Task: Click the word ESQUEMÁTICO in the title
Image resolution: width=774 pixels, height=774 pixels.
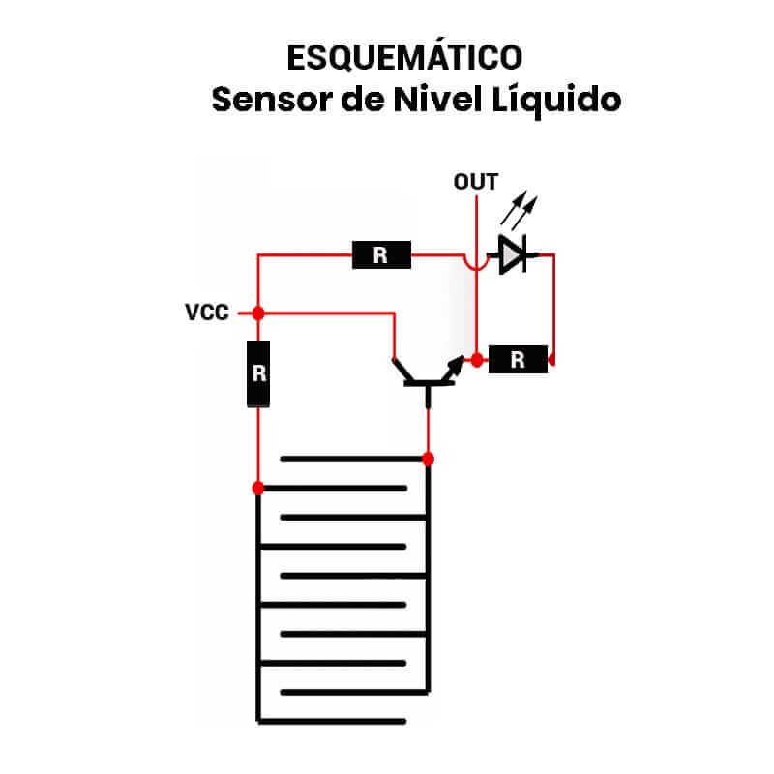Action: pos(404,57)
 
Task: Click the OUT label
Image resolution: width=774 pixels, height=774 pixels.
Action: pos(476,182)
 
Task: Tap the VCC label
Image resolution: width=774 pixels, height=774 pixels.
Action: pos(207,313)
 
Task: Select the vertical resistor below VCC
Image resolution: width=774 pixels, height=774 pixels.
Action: pos(258,373)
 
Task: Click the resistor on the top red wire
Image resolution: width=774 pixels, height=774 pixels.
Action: pos(380,255)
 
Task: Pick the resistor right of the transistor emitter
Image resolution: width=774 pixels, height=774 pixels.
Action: pos(518,360)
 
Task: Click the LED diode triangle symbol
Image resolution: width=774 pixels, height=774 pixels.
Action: pos(513,255)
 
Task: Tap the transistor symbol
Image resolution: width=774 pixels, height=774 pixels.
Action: pos(427,373)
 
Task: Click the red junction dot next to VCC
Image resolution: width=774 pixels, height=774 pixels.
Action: pos(258,313)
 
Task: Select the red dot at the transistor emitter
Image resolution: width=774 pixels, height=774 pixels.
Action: pos(476,360)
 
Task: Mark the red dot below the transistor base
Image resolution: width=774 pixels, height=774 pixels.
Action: pos(428,458)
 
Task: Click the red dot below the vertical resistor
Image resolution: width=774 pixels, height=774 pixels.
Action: pos(258,486)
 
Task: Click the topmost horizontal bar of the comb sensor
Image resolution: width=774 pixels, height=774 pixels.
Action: pos(353,458)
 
